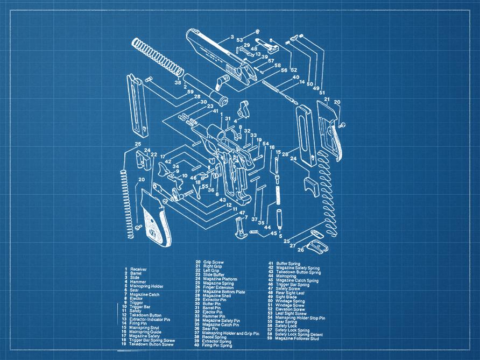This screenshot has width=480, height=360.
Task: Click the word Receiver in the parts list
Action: [138, 269]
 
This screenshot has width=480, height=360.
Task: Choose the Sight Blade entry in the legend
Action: [286, 297]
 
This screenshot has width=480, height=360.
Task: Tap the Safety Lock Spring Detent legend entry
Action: [301, 334]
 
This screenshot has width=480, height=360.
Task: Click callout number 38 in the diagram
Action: [178, 82]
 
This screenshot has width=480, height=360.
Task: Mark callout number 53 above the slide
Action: [239, 40]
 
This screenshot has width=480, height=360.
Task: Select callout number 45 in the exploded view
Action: [273, 233]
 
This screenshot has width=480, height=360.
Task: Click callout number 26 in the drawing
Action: [300, 249]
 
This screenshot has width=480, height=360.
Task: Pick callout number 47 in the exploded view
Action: [242, 213]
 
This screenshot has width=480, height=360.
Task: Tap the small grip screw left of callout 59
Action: [149, 79]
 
